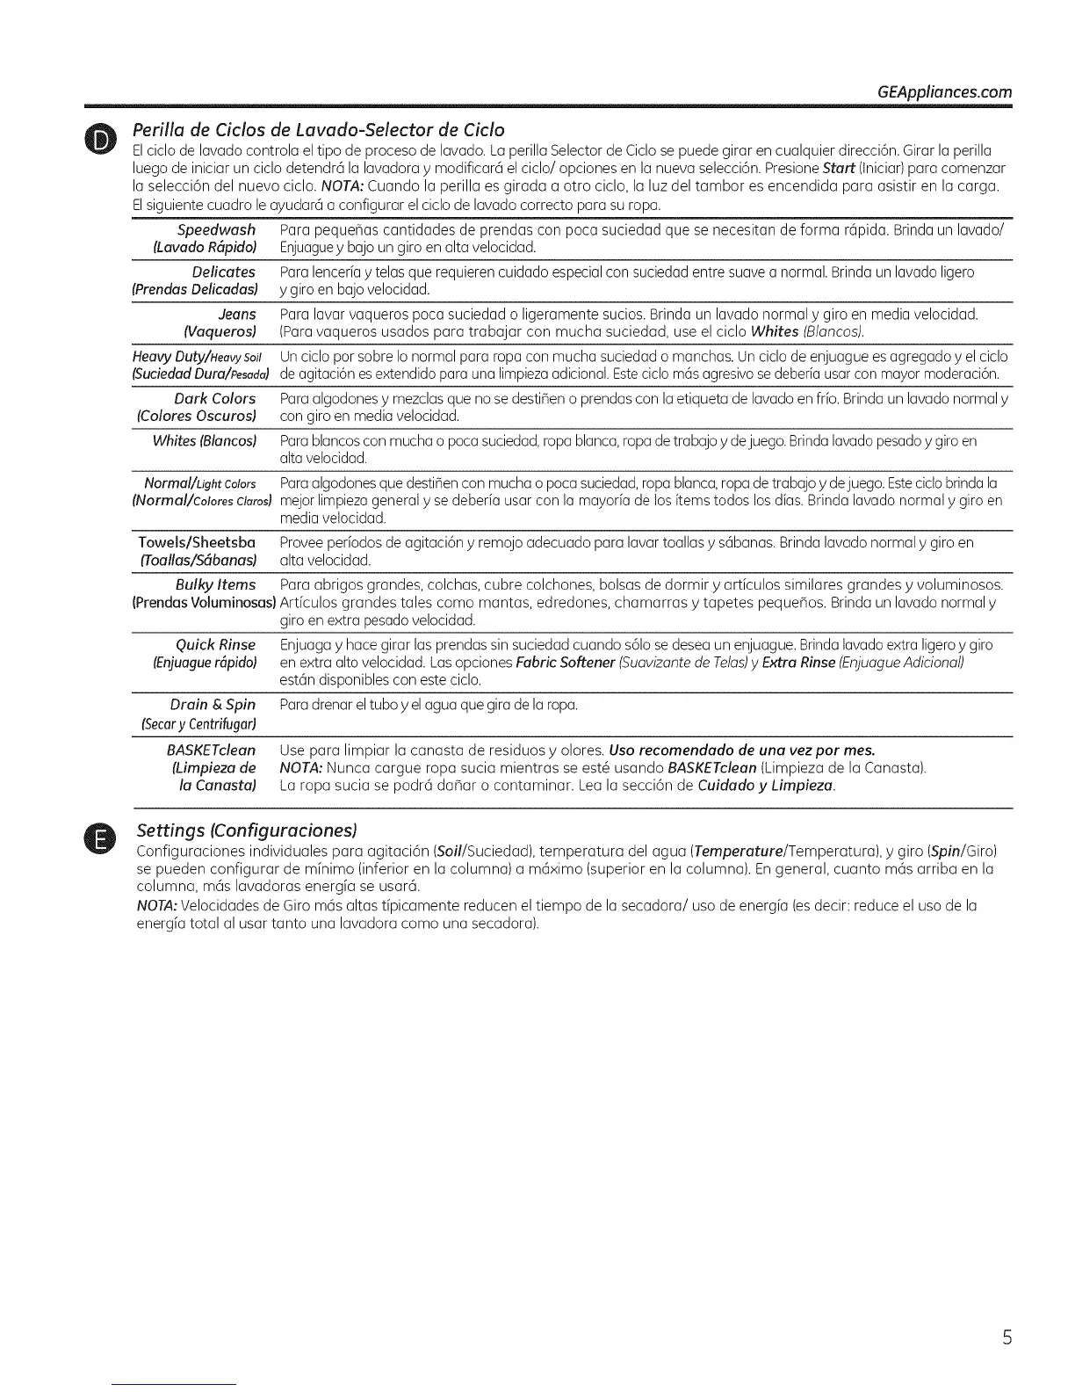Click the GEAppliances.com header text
point(944,92)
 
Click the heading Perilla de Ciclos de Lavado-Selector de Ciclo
point(318,131)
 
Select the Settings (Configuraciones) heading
point(247,830)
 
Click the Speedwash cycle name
point(216,230)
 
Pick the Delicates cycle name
point(223,272)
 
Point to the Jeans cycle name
point(237,315)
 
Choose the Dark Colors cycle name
point(214,399)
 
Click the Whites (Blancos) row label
point(204,441)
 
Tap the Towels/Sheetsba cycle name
point(197,542)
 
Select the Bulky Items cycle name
point(215,584)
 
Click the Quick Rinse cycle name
point(216,645)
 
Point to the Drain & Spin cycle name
point(213,705)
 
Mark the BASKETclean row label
point(211,750)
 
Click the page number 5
point(1007,1338)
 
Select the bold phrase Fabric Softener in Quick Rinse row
point(565,662)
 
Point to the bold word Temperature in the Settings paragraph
point(736,852)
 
